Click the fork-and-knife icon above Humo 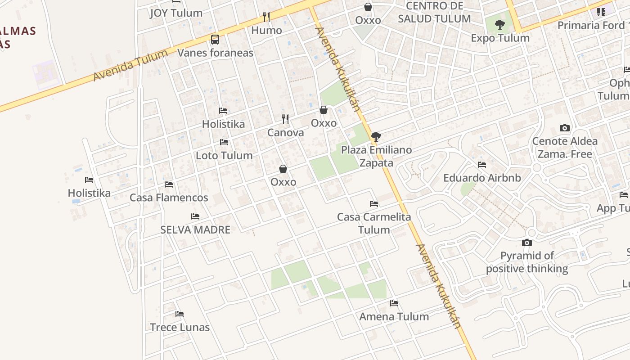(x=266, y=17)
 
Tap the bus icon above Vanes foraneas (x=215, y=40)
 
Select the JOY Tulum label (x=176, y=13)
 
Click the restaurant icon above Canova (x=285, y=119)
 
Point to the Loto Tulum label (x=224, y=156)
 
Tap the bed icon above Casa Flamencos (x=169, y=184)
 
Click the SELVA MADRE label (x=195, y=230)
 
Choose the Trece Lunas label (x=180, y=327)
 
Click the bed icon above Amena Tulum (x=394, y=303)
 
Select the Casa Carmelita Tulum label (x=374, y=223)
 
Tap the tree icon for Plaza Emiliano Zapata (x=376, y=137)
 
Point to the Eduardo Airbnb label (x=482, y=178)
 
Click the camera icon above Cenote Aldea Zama (x=565, y=128)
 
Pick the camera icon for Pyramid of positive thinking (x=527, y=243)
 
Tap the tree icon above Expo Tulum (x=500, y=25)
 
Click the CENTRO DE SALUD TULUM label (x=434, y=13)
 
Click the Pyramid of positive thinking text (x=527, y=262)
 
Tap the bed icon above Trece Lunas (x=180, y=314)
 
